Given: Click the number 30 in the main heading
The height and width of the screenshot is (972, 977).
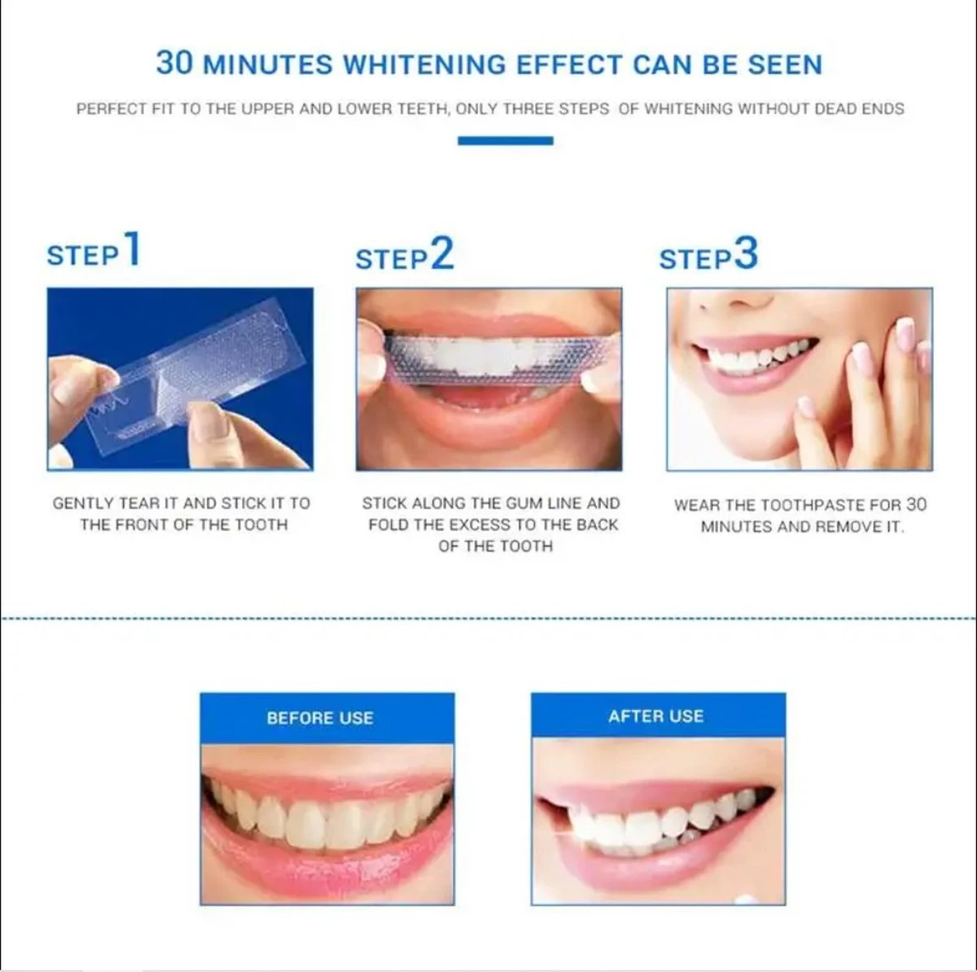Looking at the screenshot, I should [x=175, y=64].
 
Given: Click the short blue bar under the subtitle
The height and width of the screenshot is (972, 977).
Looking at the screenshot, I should [x=505, y=141].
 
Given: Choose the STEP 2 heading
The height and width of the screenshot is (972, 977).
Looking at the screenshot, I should [x=404, y=256].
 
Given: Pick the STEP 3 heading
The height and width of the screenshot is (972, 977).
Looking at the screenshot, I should [x=708, y=256].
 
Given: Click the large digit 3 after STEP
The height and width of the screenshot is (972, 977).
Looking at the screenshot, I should [x=746, y=253].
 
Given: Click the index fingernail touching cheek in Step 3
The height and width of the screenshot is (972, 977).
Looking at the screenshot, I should [x=905, y=335].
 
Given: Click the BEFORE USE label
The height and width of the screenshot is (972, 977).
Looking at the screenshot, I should [x=320, y=718].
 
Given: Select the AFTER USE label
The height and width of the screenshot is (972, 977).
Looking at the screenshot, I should [x=655, y=716].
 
